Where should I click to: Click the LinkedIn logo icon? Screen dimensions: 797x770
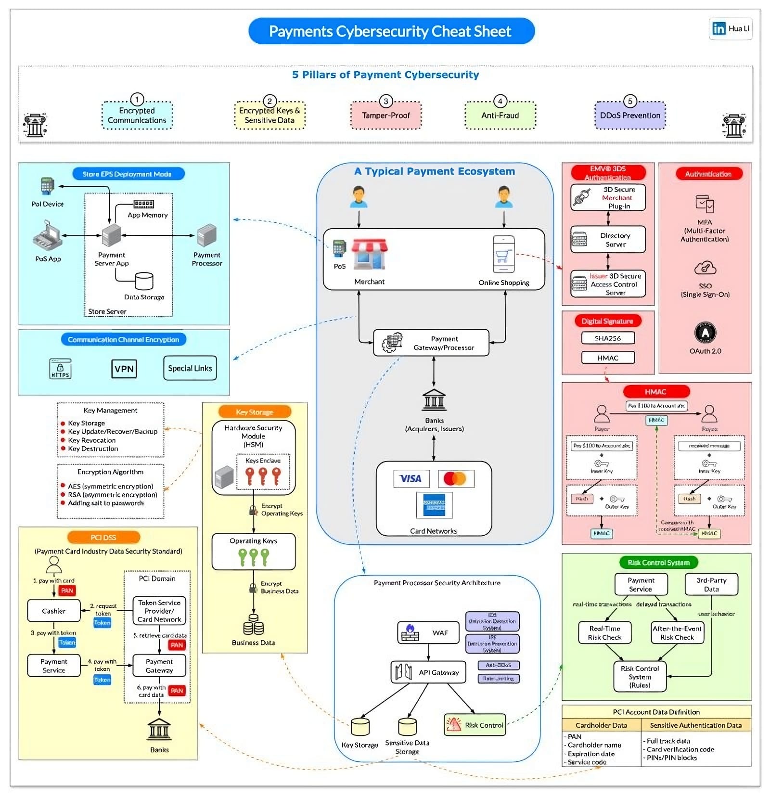coord(719,28)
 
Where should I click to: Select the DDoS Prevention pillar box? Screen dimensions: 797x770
coord(630,116)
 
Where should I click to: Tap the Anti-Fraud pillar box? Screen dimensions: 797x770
coord(500,116)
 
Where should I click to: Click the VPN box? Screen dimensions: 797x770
coord(124,369)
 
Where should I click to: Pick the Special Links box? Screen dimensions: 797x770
coord(190,368)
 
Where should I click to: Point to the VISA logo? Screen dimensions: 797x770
coord(411,478)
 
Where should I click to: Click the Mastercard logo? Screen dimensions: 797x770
coord(455,478)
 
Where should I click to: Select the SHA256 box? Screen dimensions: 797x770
coord(608,338)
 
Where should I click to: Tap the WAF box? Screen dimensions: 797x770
coord(428,632)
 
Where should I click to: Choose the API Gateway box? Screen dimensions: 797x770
coord(428,672)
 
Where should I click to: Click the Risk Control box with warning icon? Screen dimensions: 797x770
coord(475,725)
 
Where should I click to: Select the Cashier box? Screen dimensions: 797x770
coord(53,611)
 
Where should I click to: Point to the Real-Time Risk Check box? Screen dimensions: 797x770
coord(604,633)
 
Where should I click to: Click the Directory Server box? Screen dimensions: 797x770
coord(608,240)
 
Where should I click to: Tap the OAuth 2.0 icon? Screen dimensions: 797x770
coord(705,333)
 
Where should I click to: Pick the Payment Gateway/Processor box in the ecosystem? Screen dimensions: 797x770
coord(431,343)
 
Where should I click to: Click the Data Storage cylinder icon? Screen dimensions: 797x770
coord(144,281)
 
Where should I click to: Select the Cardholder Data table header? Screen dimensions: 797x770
coord(601,725)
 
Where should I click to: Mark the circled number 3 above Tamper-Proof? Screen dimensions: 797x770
coord(385,102)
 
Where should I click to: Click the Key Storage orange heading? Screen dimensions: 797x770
coord(255,412)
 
